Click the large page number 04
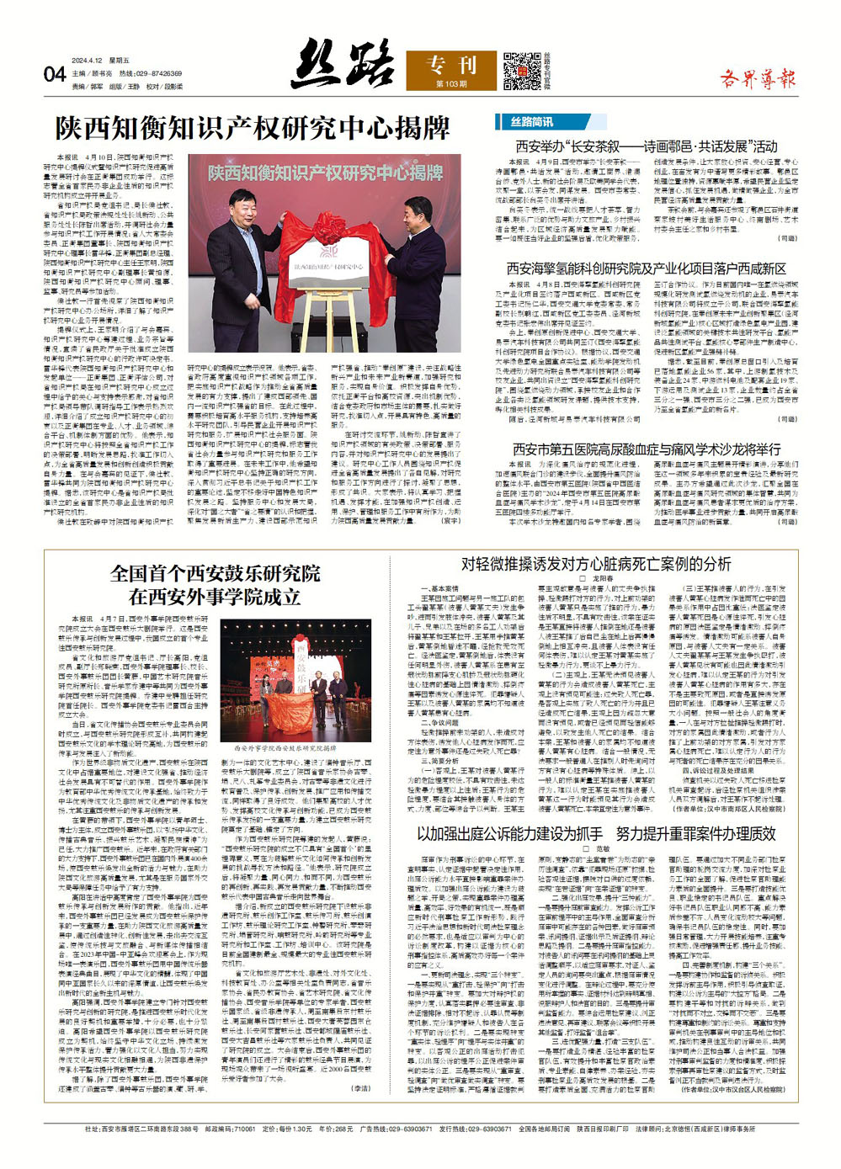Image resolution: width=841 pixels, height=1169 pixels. tap(54, 74)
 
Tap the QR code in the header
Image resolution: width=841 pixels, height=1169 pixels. tap(522, 71)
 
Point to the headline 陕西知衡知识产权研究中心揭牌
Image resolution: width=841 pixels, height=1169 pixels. tap(253, 129)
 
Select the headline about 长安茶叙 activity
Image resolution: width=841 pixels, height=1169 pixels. tap(646, 146)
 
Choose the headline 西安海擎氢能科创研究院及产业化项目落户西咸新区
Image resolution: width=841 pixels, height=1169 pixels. tap(646, 268)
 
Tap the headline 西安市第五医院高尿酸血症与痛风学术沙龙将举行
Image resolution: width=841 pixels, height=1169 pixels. tap(646, 449)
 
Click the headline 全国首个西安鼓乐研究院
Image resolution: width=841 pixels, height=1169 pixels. tap(215, 574)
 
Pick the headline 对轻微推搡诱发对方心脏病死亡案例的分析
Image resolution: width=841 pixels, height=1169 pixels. tap(596, 563)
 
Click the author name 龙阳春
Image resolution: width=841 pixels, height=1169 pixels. tap(602, 579)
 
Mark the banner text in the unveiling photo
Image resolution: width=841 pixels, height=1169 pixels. tap(325, 173)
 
